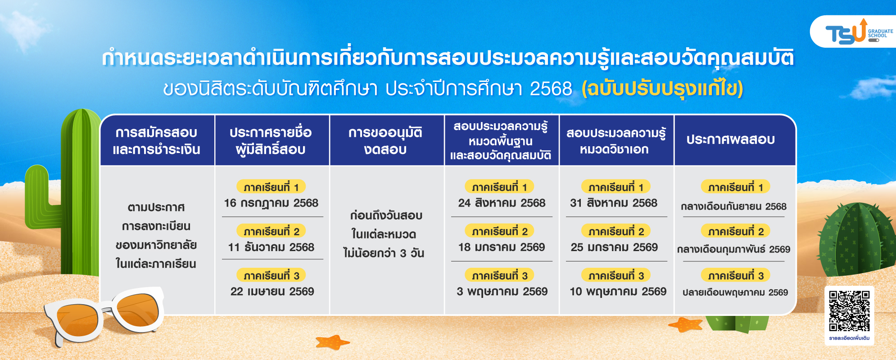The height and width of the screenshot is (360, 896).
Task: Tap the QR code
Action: pyautogui.click(x=849, y=311)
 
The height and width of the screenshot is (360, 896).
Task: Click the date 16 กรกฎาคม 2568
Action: pyautogui.click(x=271, y=203)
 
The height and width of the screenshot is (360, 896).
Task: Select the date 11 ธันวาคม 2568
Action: pyautogui.click(x=271, y=247)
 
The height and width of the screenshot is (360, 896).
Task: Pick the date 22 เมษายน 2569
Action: pyautogui.click(x=272, y=291)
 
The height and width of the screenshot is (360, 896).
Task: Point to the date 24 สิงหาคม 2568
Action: pyautogui.click(x=502, y=203)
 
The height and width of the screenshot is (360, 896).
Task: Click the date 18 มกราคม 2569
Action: pyautogui.click(x=502, y=247)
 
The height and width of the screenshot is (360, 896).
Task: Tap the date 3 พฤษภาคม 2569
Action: pyautogui.click(x=502, y=292)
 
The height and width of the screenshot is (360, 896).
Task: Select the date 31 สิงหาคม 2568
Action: pyautogui.click(x=614, y=203)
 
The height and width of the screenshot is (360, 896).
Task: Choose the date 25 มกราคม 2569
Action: pyautogui.click(x=614, y=247)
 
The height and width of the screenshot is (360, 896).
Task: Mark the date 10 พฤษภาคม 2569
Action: pyautogui.click(x=618, y=292)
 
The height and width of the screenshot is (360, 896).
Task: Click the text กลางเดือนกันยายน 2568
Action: pyautogui.click(x=733, y=207)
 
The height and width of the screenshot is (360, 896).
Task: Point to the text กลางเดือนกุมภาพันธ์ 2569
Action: pyautogui.click(x=734, y=249)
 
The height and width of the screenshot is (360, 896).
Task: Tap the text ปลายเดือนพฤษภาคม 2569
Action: pyautogui.click(x=735, y=292)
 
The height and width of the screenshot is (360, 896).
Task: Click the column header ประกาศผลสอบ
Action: pyautogui.click(x=730, y=139)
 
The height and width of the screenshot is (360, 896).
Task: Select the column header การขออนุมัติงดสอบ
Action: pyautogui.click(x=385, y=140)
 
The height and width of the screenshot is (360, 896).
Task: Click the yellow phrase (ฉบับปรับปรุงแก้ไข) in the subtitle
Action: pyautogui.click(x=662, y=89)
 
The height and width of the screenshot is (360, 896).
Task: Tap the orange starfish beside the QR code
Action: pyautogui.click(x=685, y=324)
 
